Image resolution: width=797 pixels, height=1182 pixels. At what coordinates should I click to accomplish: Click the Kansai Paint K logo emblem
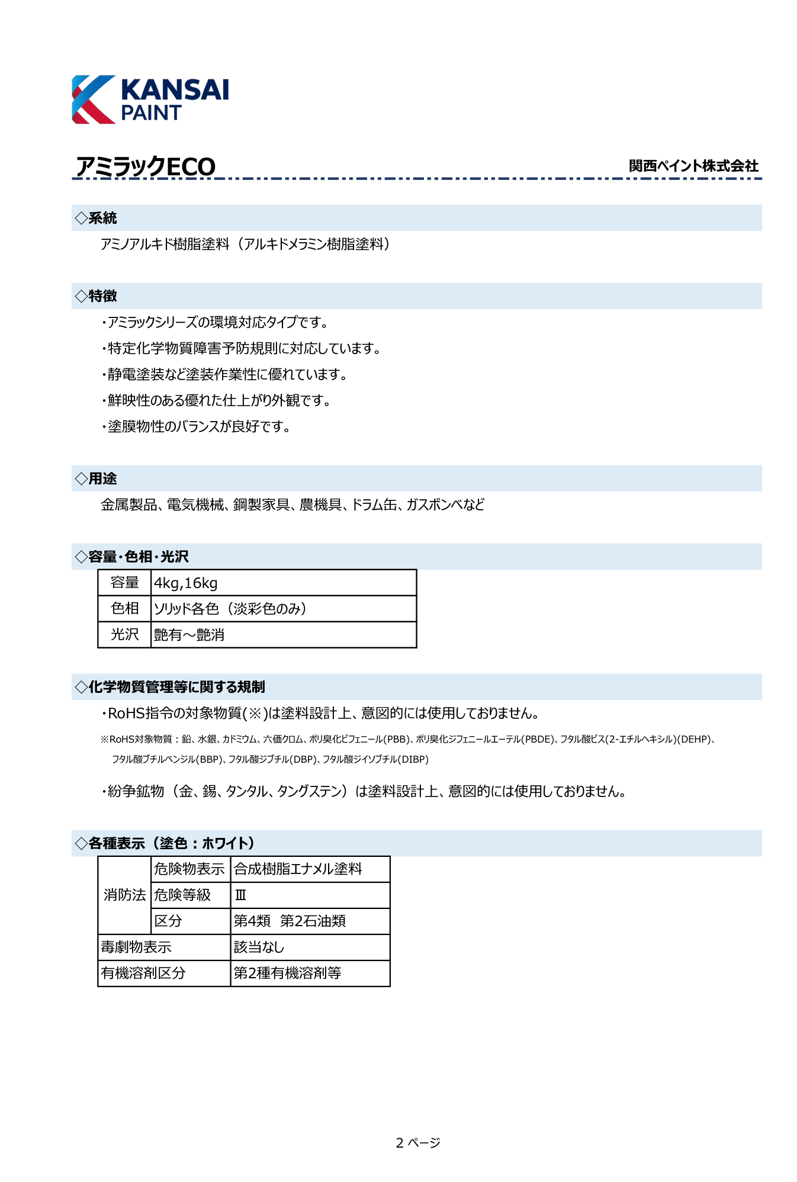94,99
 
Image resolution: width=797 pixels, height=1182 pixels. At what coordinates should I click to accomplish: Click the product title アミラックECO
146,166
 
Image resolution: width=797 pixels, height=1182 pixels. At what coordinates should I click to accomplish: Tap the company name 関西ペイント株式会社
693,166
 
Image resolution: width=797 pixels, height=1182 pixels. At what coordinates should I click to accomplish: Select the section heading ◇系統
97,218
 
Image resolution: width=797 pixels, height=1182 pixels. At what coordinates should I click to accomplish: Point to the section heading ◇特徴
97,296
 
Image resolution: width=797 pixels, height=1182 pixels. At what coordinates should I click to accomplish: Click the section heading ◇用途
97,478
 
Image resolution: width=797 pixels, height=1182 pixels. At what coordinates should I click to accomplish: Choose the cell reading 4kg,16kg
186,583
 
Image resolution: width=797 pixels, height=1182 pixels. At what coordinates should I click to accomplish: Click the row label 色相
124,609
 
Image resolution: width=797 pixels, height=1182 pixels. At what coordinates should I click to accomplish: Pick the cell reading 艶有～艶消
189,635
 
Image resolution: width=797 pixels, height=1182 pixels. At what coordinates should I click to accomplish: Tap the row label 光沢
124,635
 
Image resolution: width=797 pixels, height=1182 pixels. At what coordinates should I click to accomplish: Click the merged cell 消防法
124,895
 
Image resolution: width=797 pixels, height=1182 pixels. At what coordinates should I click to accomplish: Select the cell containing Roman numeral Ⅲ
240,895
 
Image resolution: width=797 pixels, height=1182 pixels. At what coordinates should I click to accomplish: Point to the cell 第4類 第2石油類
290,921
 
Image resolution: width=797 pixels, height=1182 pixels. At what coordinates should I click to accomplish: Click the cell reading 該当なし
259,947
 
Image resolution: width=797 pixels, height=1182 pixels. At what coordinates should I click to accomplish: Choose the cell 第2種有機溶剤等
287,974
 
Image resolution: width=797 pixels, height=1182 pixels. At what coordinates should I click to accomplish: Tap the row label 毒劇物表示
136,947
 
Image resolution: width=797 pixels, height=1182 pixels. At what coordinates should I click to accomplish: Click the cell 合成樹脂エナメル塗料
298,869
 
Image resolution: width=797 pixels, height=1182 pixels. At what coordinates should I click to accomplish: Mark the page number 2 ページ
417,1143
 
